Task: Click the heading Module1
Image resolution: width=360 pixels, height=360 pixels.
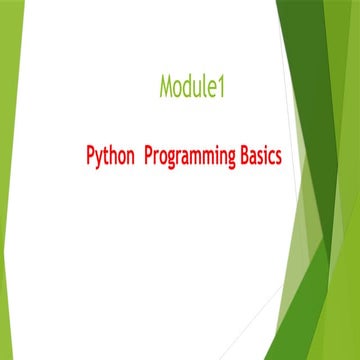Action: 192,88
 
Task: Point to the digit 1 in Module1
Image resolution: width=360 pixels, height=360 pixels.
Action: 223,88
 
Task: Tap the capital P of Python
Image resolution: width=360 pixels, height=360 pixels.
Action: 88,156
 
